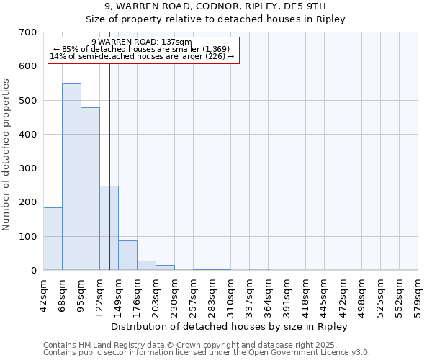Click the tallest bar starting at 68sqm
pos(71,176)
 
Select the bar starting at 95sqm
pos(90,189)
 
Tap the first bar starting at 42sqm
pos(53,238)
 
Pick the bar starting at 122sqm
pos(109,228)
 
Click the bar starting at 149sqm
pos(127,256)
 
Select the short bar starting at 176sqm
pos(146,265)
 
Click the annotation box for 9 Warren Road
pos(142,49)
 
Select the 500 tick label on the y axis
pos(28,100)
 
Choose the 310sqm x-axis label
pos(230,295)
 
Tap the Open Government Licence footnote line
pos(207,353)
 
